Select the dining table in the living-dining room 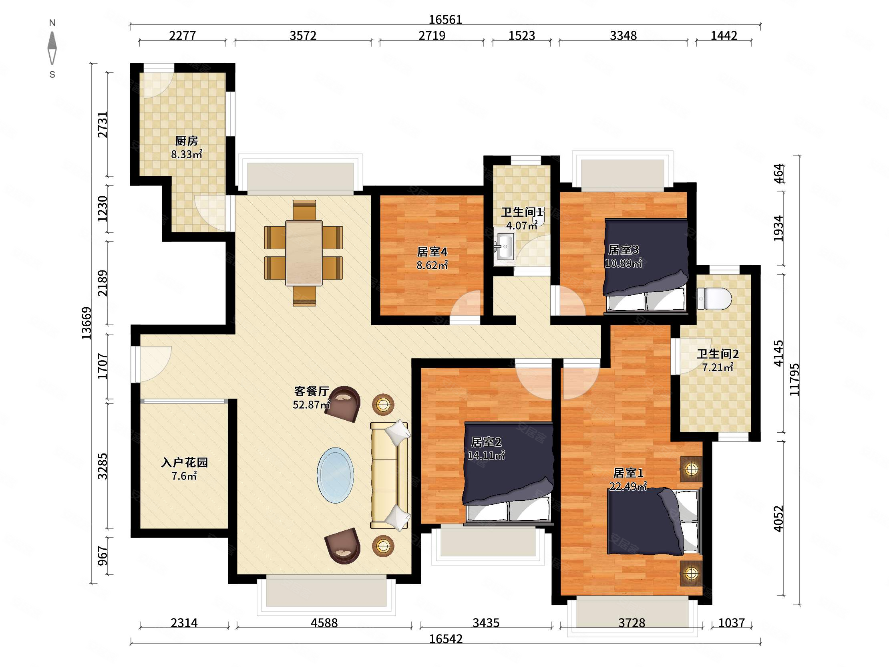304,253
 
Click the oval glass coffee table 336,475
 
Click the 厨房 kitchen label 187,141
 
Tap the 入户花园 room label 185,463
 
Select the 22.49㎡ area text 628,486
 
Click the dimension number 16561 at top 445,19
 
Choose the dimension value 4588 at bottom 324,623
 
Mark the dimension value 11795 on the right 794,379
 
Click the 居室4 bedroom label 432,252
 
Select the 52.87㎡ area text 312,405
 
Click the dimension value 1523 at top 522,36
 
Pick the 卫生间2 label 718,354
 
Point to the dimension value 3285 103,466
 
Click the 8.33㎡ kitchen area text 187,154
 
